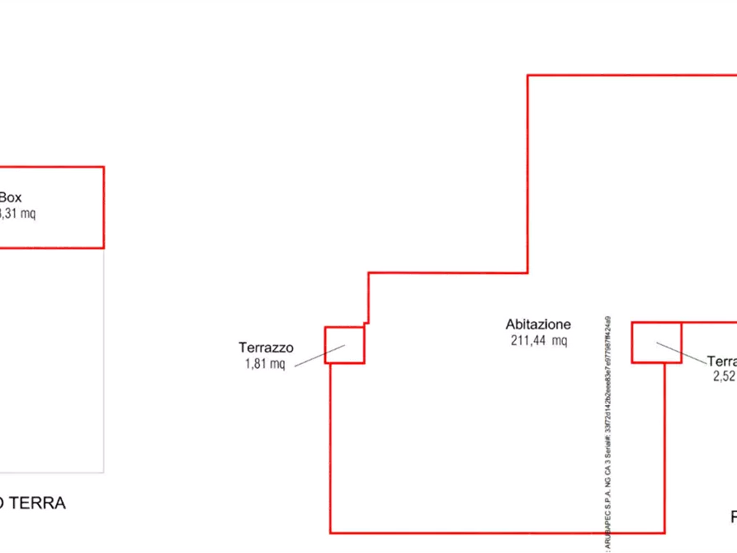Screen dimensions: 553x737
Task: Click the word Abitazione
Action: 538,324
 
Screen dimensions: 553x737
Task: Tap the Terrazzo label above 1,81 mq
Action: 266,348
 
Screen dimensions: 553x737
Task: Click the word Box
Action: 11,197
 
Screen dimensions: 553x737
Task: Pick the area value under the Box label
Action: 17,214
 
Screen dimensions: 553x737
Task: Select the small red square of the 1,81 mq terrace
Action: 344,345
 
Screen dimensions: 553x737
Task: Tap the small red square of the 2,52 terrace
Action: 656,343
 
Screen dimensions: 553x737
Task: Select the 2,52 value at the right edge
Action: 724,376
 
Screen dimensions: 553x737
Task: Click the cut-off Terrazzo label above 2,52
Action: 721,362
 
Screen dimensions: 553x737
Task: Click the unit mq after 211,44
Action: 559,341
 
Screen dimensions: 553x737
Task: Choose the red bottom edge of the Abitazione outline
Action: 495,529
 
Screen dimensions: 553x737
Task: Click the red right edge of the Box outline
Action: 102,206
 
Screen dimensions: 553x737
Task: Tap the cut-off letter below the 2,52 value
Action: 733,518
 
